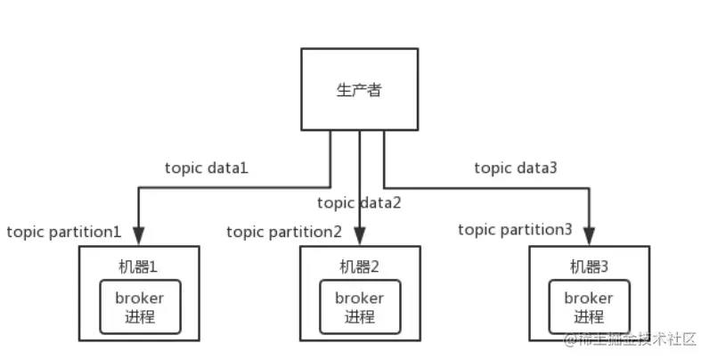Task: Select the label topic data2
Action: (x=359, y=202)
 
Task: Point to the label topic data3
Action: (x=516, y=167)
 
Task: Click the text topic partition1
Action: (x=64, y=232)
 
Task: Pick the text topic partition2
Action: (x=284, y=232)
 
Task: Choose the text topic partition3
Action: (x=516, y=230)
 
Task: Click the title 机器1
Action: (x=140, y=265)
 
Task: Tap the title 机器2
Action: (x=359, y=265)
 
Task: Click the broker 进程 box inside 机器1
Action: (x=140, y=307)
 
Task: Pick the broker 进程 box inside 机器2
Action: (x=359, y=307)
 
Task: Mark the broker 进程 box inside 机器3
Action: (x=589, y=307)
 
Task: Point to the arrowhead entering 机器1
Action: (x=140, y=236)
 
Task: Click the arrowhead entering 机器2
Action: (x=359, y=236)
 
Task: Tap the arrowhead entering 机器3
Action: (x=589, y=236)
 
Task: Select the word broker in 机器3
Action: (x=589, y=298)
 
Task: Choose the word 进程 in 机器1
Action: (x=140, y=317)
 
